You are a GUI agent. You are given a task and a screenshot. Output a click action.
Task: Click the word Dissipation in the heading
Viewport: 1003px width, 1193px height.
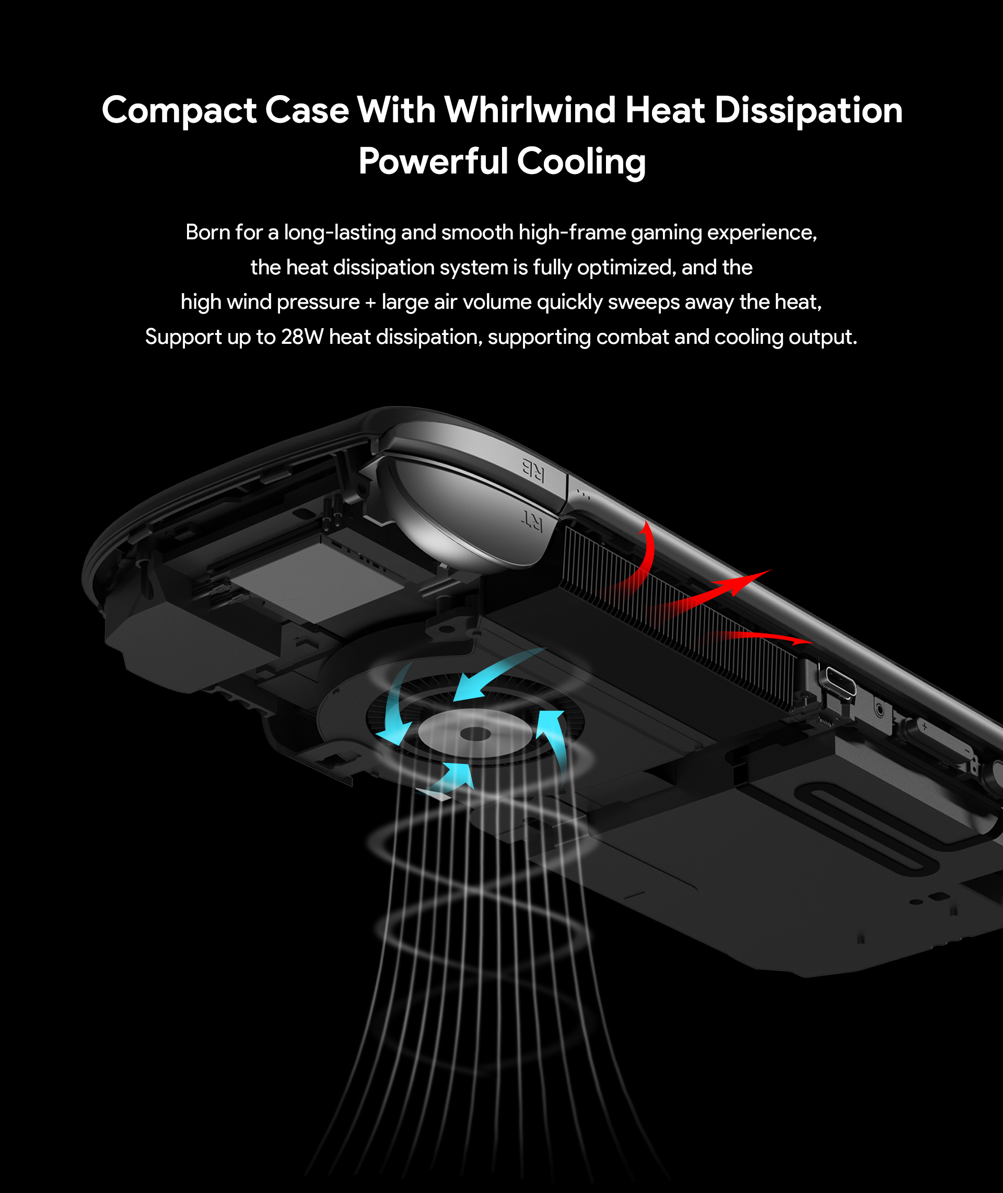808,110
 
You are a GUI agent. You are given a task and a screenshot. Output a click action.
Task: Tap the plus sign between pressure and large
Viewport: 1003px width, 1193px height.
370,303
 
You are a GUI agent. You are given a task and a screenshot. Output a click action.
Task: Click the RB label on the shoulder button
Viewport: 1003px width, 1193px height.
533,469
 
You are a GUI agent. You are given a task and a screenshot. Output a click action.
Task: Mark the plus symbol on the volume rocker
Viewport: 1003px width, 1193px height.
925,726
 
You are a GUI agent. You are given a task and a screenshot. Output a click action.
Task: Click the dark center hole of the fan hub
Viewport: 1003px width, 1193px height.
475,734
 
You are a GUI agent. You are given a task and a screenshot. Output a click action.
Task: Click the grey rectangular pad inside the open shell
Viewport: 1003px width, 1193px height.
319,582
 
